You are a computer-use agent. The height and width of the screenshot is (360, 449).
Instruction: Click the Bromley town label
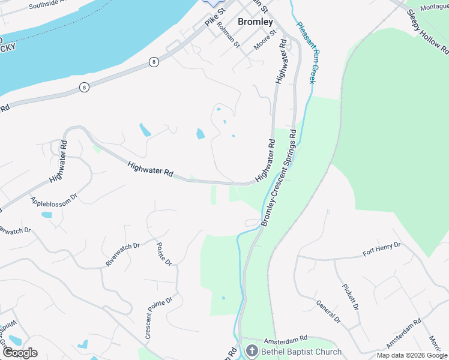click(255, 22)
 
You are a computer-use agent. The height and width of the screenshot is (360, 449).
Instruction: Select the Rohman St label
click(228, 35)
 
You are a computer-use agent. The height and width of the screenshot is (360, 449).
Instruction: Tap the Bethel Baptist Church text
click(301, 352)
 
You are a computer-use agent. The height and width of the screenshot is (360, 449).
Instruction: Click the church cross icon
click(252, 352)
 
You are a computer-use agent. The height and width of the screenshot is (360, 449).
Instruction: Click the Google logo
click(20, 353)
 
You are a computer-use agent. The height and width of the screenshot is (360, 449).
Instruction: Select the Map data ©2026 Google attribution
click(411, 355)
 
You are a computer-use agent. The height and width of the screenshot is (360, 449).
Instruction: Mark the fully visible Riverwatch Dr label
click(122, 254)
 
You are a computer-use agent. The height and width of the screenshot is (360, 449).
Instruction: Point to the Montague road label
click(434, 7)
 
